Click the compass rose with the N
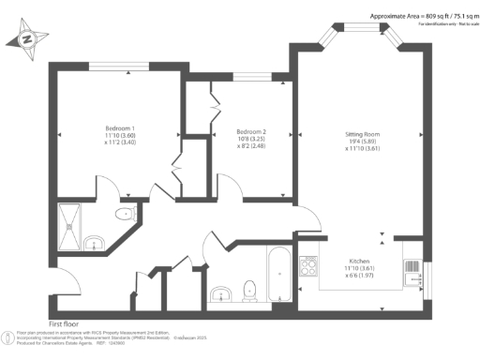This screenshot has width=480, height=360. click(27, 38)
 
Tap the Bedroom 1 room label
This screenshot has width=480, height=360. click(119, 128)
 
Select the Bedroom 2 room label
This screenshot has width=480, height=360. click(251, 131)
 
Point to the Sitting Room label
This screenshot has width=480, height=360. click(362, 135)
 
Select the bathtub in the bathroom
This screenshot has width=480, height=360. click(278, 273)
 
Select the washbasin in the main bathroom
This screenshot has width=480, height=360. click(221, 292)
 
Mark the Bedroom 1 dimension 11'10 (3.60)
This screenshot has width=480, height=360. click(119, 136)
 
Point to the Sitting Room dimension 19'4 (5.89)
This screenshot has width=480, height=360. click(362, 142)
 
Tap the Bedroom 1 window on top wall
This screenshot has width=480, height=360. click(113, 65)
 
